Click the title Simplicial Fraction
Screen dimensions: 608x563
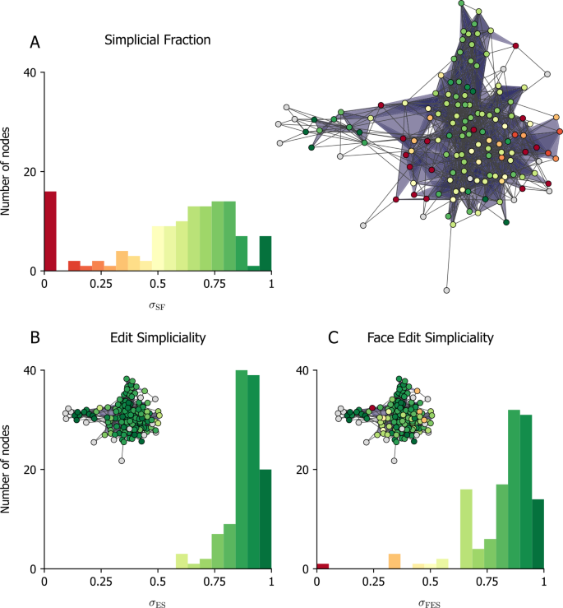coord(157,39)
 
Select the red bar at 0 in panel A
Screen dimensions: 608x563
coord(50,230)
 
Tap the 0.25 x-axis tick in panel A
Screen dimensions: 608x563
coord(102,282)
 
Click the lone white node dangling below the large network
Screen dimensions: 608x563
coord(446,290)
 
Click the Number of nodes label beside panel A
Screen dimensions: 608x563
coord(7,171)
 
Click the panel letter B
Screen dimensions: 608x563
coord(35,336)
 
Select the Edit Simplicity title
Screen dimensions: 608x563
coord(158,336)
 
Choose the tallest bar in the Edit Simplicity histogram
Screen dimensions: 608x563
coord(242,469)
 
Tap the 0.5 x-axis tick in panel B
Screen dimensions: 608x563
coord(158,580)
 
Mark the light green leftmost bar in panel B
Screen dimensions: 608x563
coord(182,560)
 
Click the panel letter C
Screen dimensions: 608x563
coord(334,336)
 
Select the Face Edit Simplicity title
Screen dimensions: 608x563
coord(431,336)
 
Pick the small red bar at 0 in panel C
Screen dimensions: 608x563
coord(323,565)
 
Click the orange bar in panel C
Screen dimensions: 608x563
coord(395,560)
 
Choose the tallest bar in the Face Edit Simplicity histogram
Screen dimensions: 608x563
coord(514,489)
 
